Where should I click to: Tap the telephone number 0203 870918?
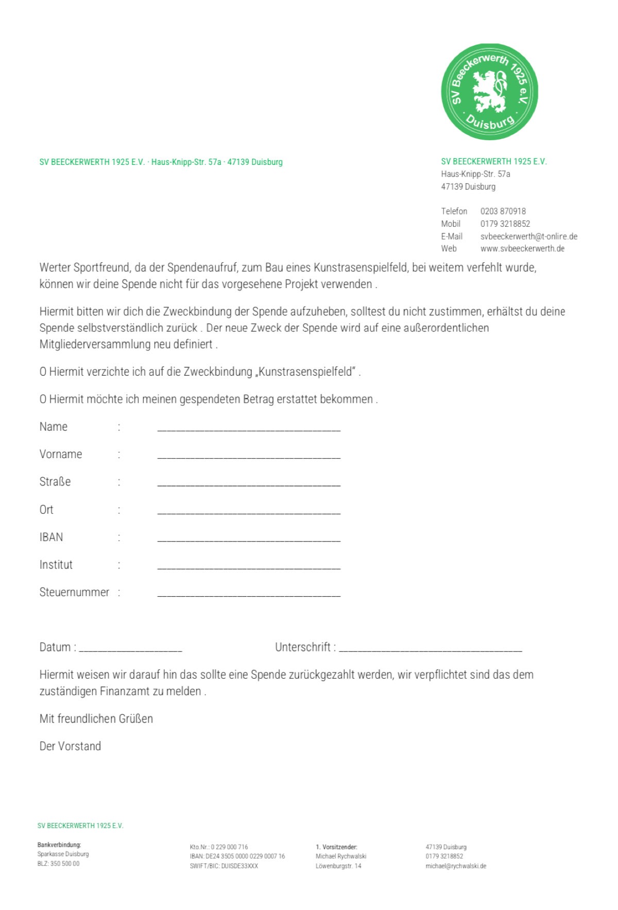coord(503,211)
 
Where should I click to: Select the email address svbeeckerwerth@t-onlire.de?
coord(528,237)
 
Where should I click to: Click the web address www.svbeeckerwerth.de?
coord(522,249)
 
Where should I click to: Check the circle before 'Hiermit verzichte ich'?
coord(43,372)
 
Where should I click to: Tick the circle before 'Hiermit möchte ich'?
coord(43,399)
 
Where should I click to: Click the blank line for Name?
coord(249,428)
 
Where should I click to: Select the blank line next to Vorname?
coord(249,456)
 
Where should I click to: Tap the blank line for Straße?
coord(249,483)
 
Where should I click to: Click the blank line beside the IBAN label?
coord(249,538)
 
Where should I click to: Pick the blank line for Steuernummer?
coord(249,594)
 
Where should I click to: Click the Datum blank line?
coord(130,649)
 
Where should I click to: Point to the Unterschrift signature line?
coord(431,649)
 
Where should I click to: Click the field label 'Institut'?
coord(56,565)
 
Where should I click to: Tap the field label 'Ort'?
coord(46,510)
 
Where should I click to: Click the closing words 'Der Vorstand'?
coord(70,747)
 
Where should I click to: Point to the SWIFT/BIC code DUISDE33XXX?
coord(239,866)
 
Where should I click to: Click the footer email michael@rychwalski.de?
coord(456,866)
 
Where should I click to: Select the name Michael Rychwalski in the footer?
coord(341,856)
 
